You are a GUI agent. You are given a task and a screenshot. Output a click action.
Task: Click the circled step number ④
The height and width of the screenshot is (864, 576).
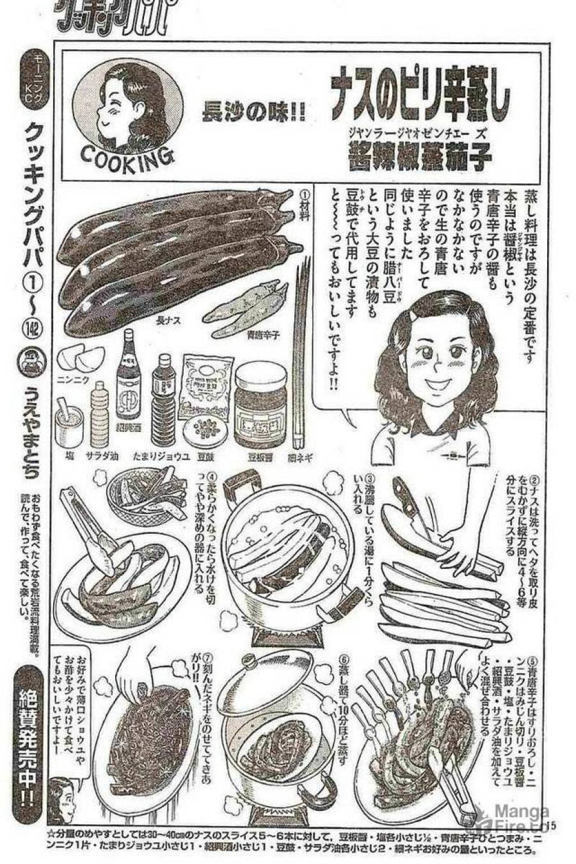[x=212, y=479]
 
